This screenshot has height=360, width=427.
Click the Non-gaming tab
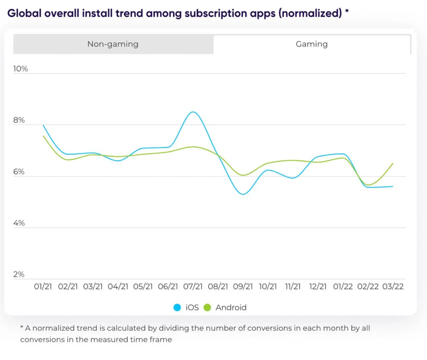point(113,44)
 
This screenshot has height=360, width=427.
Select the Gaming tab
point(311,44)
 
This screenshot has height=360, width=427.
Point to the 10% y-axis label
point(20,68)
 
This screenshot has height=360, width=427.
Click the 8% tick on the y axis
point(19,120)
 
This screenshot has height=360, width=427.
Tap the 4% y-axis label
point(19,223)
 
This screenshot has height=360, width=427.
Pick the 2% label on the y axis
point(19,274)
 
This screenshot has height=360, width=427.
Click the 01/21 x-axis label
point(43,287)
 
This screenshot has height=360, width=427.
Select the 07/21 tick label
point(193,287)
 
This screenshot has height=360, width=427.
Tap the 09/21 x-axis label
point(243,287)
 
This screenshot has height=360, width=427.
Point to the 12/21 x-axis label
point(318,287)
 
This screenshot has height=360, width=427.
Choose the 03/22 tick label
point(393,287)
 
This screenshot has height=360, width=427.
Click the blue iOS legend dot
point(177,308)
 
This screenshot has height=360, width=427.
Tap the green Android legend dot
point(207,308)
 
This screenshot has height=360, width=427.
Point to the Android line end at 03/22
point(393,164)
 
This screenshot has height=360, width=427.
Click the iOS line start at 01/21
point(43,125)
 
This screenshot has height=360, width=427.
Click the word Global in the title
point(23,13)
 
